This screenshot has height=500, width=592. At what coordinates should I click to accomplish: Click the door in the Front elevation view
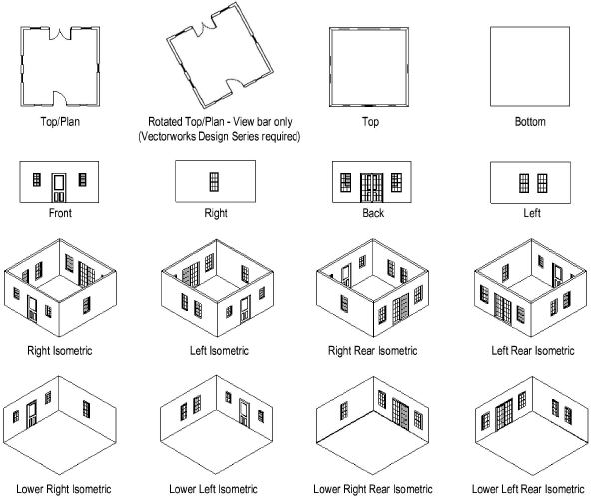59,188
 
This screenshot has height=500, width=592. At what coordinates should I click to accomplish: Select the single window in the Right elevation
214,182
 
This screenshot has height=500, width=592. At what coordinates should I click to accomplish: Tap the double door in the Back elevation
372,188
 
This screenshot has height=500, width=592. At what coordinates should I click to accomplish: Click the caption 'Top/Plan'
60,122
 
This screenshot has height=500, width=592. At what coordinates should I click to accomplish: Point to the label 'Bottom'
530,122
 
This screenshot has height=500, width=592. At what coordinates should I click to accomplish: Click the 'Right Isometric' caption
60,351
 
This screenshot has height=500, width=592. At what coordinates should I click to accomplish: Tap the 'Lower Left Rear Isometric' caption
528,489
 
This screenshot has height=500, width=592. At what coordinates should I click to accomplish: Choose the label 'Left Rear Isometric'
533,351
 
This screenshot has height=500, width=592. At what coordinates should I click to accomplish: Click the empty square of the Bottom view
530,66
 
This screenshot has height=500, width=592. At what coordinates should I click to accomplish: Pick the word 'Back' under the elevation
373,213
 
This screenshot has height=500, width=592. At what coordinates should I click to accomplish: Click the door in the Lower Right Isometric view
32,414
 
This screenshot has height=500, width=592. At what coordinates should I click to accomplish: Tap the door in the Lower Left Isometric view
245,413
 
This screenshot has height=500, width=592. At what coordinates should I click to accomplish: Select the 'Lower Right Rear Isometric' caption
373,489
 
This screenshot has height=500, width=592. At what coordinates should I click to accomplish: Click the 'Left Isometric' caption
219,351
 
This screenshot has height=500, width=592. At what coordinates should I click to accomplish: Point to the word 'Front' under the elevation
60,213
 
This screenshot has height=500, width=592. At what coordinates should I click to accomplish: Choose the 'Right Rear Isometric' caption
373,351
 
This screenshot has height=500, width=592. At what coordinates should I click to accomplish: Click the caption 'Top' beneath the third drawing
370,122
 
